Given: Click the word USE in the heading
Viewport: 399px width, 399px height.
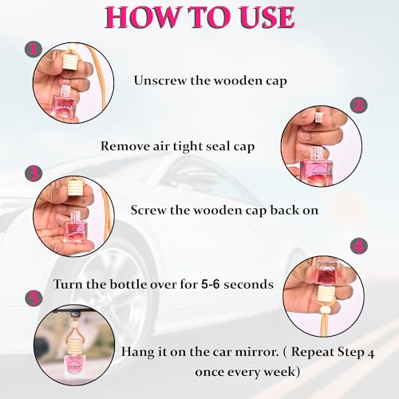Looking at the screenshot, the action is [267, 17].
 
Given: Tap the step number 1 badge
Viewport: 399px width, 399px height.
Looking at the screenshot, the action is [34, 49].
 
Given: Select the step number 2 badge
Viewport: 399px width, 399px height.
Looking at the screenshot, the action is [358, 105].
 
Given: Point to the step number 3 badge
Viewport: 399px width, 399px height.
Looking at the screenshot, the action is [34, 173].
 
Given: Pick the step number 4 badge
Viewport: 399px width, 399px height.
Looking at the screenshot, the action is [358, 247].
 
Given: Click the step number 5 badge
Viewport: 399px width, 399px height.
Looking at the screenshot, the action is [34, 298].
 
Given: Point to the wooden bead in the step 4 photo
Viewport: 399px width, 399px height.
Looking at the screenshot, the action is [326, 310].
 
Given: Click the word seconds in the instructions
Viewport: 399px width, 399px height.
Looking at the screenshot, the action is [248, 284].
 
